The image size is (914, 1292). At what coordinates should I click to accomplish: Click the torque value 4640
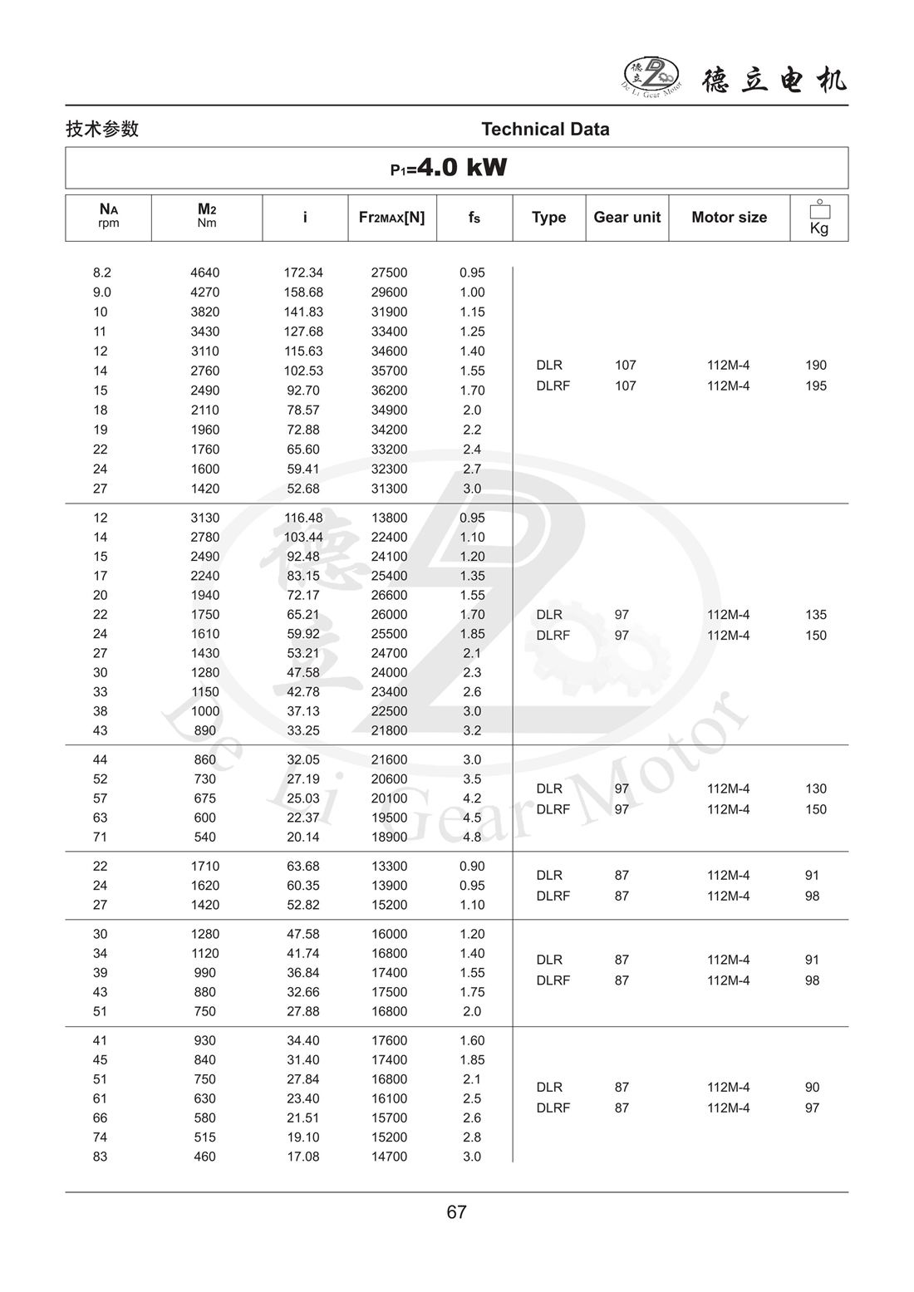[204, 273]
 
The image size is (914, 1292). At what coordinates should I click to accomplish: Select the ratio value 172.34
[303, 273]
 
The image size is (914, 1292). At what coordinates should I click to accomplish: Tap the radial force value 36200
[389, 391]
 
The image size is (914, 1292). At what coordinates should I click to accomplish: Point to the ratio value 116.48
[303, 518]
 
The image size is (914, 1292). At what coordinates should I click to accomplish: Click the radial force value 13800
[389, 518]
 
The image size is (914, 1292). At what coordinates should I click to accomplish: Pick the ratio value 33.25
[303, 730]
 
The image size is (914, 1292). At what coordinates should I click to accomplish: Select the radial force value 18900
[389, 837]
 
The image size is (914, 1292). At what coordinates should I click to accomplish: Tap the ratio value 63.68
[303, 866]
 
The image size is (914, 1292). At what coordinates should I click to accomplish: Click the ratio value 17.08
[303, 1157]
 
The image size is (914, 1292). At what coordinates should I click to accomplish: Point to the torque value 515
[204, 1137]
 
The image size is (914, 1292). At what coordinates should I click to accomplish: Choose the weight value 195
[815, 386]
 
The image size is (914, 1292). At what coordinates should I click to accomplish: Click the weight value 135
[815, 615]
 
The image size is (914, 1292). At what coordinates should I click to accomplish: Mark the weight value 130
[815, 788]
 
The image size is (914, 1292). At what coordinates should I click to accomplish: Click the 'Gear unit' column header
[627, 218]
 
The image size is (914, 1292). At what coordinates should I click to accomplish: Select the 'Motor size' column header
[729, 218]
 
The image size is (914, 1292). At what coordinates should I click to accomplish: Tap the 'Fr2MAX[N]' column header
[391, 218]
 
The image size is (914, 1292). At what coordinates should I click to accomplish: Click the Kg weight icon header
[819, 218]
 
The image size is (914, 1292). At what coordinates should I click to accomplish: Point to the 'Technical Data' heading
[545, 130]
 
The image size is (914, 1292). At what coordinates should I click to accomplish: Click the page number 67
[457, 1212]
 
